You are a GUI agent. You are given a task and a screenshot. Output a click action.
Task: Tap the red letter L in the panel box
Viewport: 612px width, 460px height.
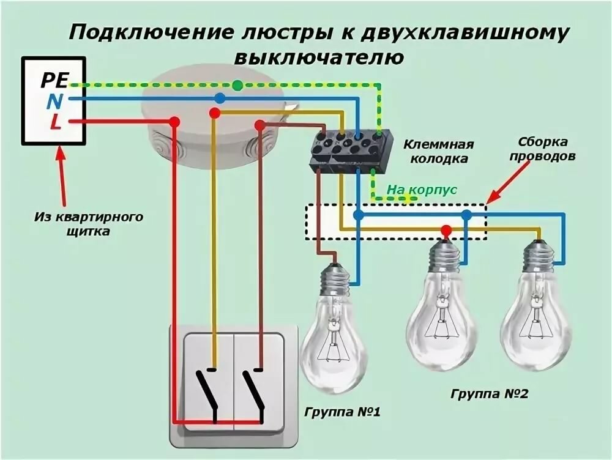pyautogui.click(x=54, y=123)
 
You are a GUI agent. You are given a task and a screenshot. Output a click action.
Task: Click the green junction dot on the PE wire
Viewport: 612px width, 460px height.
pyautogui.click(x=237, y=85)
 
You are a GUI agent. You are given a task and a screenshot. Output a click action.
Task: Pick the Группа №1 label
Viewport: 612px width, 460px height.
pyautogui.click(x=342, y=411)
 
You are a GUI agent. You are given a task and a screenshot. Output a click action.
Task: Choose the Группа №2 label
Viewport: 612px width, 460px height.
pyautogui.click(x=488, y=394)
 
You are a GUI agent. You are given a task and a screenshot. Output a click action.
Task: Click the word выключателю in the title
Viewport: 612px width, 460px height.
pyautogui.click(x=318, y=57)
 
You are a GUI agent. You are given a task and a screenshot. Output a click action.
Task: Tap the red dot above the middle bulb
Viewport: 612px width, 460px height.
pyautogui.click(x=446, y=231)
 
